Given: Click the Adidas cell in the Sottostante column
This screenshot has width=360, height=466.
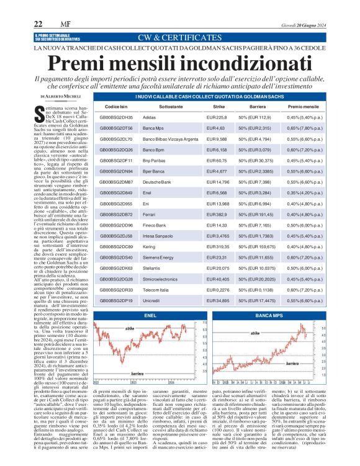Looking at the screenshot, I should pos(151,117).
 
